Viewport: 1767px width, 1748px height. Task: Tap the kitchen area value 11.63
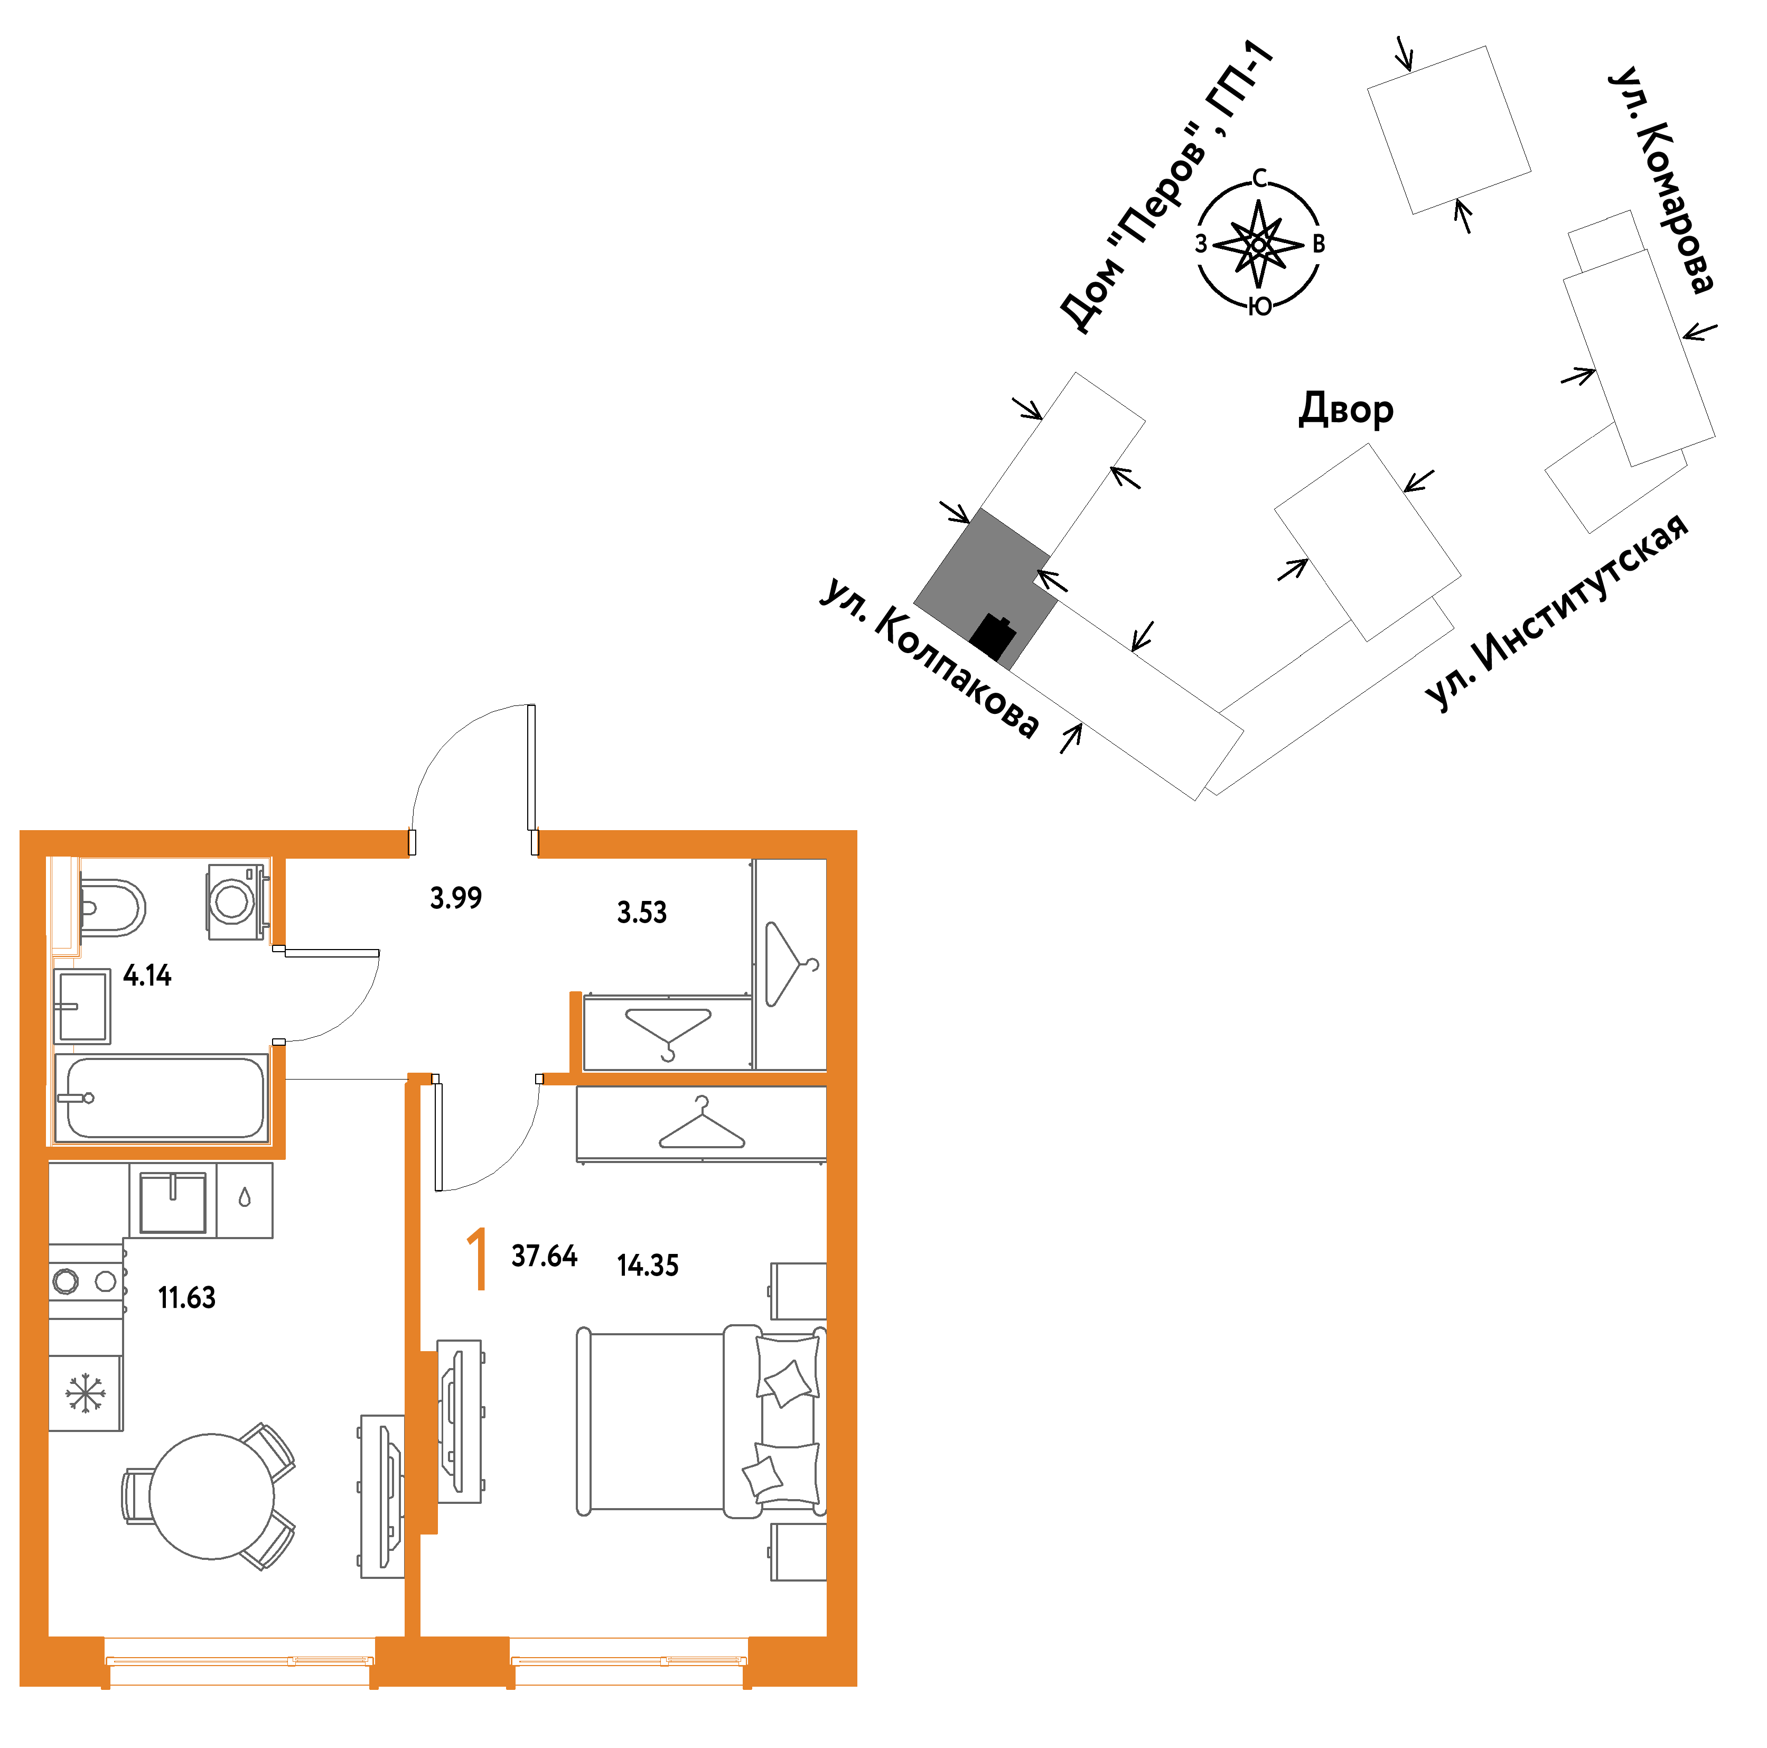pyautogui.click(x=186, y=1297)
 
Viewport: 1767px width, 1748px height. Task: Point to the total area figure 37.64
pyautogui.click(x=544, y=1256)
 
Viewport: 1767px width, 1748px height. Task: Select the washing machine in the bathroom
pyautogui.click(x=237, y=902)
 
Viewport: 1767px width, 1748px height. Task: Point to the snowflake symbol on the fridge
pyautogui.click(x=85, y=1393)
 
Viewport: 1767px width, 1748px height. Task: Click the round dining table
pyautogui.click(x=211, y=1496)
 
